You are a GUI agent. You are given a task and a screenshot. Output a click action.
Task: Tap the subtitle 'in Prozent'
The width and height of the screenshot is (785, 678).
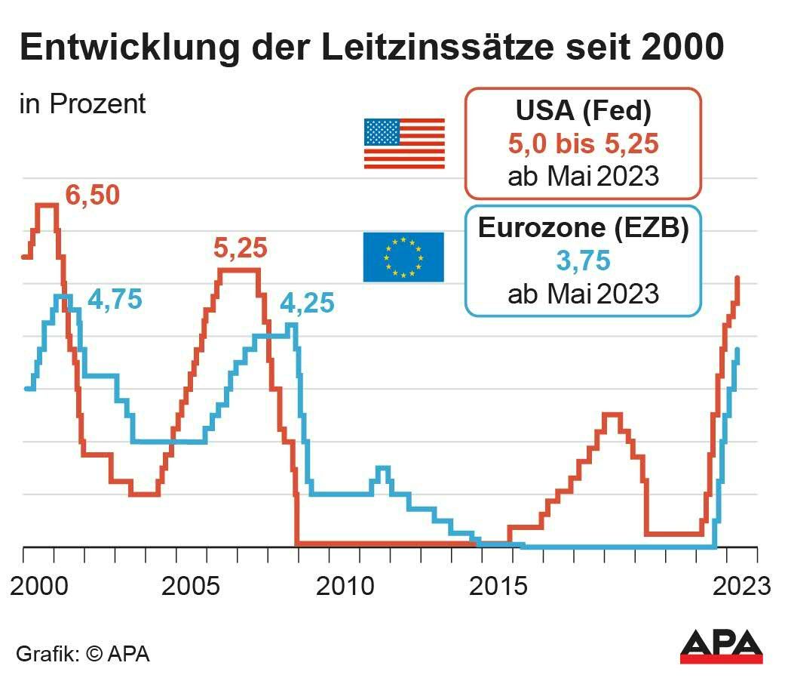(x=82, y=104)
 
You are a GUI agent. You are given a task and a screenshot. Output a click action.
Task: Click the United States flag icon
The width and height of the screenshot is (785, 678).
(x=404, y=143)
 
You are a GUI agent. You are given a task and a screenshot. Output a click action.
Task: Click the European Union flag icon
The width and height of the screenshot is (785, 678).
(x=403, y=257)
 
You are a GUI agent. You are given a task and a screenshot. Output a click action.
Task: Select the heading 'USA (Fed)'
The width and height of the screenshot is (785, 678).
(x=583, y=111)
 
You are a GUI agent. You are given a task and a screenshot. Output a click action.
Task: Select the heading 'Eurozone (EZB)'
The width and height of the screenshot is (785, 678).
(x=583, y=228)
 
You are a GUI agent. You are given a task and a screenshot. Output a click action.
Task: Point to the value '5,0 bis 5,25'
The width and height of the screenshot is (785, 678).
(x=583, y=144)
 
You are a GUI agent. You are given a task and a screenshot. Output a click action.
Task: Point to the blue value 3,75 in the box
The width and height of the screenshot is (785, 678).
(x=582, y=261)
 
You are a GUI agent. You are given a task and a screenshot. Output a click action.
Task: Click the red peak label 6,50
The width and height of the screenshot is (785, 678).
(x=92, y=196)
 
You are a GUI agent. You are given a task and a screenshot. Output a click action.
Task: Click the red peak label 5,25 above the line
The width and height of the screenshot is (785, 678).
(x=241, y=248)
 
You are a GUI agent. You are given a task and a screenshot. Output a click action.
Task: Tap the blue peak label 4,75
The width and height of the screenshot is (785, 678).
(x=115, y=300)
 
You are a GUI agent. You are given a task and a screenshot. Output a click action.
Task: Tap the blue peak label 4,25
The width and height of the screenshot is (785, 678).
(x=307, y=304)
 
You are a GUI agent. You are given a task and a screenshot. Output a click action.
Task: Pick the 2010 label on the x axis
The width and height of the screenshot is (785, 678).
(x=345, y=586)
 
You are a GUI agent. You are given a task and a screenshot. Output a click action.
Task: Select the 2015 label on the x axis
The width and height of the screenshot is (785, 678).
(x=498, y=586)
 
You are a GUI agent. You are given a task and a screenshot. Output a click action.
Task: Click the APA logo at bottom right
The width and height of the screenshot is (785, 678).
(x=721, y=646)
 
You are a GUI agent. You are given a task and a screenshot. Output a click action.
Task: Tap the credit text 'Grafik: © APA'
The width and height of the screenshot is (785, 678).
(x=83, y=653)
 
